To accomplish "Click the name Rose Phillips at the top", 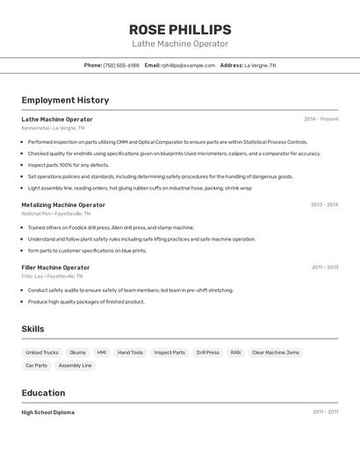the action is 180,29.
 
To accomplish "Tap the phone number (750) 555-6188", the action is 121,65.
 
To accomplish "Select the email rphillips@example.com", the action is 188,65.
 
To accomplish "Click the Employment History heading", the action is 65,100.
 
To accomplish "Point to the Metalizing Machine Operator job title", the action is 63,204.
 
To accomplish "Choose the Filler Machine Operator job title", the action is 55,267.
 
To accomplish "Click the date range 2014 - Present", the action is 320,119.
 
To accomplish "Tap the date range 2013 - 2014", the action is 324,204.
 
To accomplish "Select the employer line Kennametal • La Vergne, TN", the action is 53,128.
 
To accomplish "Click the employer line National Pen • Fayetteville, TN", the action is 55,213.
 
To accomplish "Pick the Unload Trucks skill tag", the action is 42,352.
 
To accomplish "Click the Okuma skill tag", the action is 78,352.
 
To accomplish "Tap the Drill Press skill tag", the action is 207,352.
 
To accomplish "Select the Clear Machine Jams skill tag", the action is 276,352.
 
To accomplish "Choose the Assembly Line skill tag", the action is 75,365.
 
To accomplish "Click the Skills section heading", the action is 33,329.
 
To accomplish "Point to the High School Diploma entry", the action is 48,411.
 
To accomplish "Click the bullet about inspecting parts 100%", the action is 68,164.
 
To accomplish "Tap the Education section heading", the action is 43,393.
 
